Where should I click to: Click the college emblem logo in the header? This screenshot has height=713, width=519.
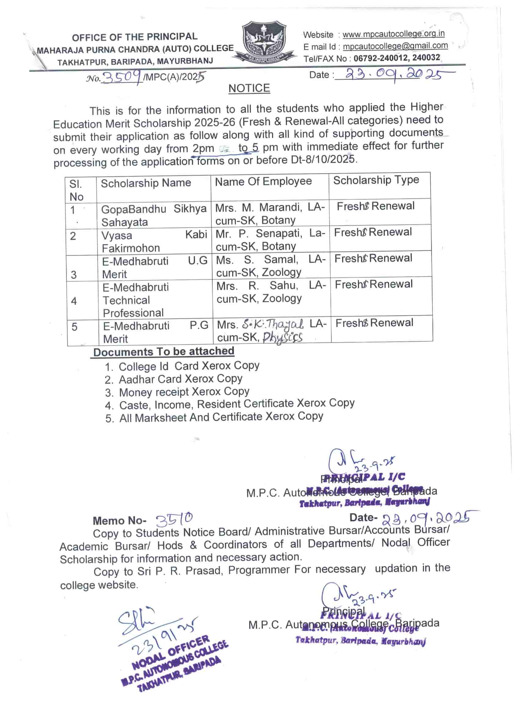(x=264, y=41)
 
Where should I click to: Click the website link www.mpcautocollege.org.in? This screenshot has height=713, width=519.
(x=393, y=34)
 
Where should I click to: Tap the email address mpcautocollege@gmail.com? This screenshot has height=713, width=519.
(x=395, y=46)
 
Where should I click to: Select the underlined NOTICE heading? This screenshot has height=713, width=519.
(x=249, y=88)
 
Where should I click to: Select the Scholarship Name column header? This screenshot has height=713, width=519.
(x=146, y=183)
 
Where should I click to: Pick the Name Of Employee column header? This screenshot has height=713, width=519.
(x=263, y=181)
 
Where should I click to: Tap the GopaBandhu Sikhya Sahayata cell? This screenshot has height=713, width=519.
(x=154, y=215)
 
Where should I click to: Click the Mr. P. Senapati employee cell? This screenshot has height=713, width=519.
(x=270, y=240)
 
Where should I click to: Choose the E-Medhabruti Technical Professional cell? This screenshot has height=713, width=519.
(x=136, y=300)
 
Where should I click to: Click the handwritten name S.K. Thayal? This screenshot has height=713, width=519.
(x=273, y=324)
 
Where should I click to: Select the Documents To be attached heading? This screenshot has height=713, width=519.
(x=164, y=352)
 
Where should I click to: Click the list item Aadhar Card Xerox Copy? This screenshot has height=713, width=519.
(x=180, y=379)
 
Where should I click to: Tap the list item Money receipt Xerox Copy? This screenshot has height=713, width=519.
(x=184, y=392)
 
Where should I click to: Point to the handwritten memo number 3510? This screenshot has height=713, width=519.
(x=174, y=519)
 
